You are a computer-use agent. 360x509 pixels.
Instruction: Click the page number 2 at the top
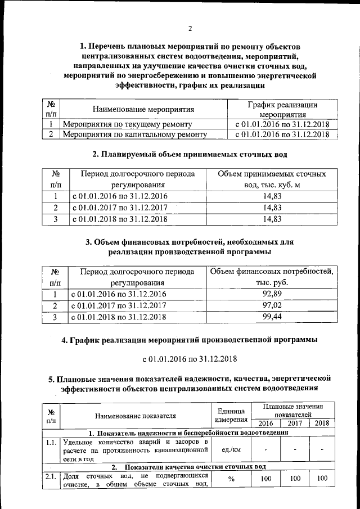pyautogui.click(x=190, y=29)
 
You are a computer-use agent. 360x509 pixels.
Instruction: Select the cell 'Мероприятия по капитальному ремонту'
pyautogui.click(x=134, y=134)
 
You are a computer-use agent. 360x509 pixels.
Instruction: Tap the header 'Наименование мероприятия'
pyautogui.click(x=143, y=109)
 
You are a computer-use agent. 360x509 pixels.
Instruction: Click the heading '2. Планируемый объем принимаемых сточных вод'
pyautogui.click(x=190, y=154)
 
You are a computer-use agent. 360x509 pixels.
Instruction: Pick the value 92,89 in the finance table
pyautogui.click(x=272, y=294)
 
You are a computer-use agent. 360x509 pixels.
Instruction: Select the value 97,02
pyautogui.click(x=272, y=305)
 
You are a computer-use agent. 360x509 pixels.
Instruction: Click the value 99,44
pyautogui.click(x=272, y=317)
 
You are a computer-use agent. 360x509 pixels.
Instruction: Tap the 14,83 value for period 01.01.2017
pyautogui.click(x=272, y=208)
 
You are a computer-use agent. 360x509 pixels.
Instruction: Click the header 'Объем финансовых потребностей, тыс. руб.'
pyautogui.click(x=272, y=277)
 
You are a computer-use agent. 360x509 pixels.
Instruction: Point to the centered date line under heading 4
pyautogui.click(x=190, y=358)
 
